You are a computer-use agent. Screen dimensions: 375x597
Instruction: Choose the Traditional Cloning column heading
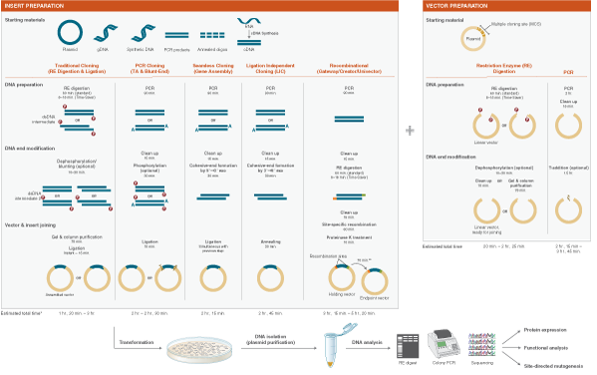click(x=79, y=69)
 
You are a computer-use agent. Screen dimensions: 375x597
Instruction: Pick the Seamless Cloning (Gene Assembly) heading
click(x=212, y=69)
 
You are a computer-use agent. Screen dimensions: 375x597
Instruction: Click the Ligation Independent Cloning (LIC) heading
click(x=270, y=69)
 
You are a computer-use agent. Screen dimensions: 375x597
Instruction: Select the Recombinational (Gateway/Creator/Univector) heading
click(x=344, y=69)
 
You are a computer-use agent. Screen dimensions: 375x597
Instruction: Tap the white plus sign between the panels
click(x=411, y=131)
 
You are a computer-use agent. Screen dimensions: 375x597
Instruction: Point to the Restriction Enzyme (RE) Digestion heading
click(x=504, y=70)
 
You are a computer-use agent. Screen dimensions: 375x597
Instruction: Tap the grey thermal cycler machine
click(x=443, y=346)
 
